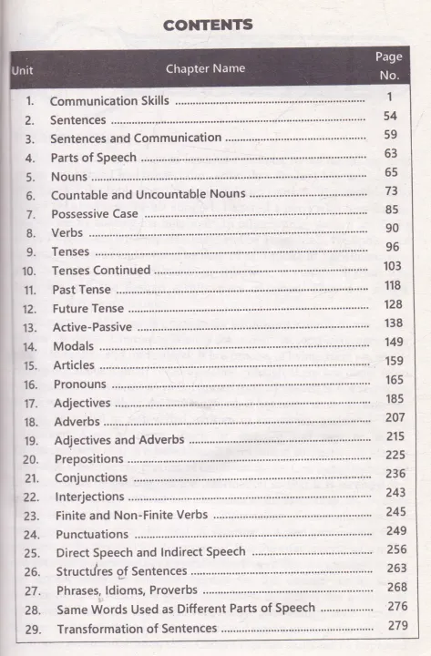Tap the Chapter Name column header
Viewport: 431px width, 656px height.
point(205,68)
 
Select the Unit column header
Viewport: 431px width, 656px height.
point(24,70)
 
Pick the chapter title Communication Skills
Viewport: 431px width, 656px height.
point(109,101)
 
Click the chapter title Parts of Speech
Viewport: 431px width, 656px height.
point(94,158)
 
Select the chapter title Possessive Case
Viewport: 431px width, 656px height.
point(95,214)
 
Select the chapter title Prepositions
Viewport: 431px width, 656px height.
point(88,459)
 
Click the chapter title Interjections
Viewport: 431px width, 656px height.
point(89,497)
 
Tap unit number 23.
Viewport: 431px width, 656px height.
point(32,516)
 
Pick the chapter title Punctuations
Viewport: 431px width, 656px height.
point(91,534)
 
